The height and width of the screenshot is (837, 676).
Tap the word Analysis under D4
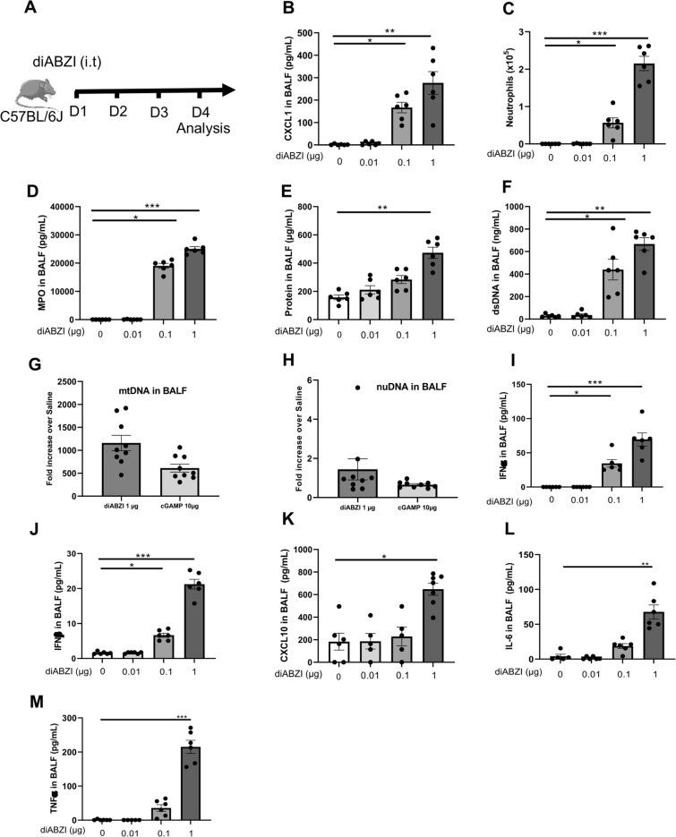[205, 127]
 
